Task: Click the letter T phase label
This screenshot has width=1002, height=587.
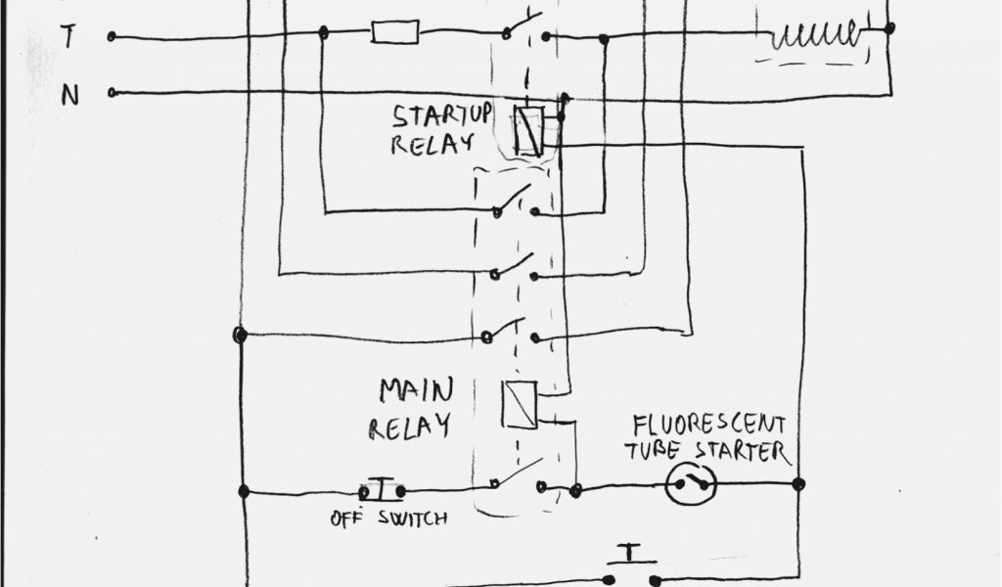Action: pos(68,38)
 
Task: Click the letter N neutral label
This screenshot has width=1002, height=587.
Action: pos(70,95)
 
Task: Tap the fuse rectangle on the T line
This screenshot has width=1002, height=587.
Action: pos(395,33)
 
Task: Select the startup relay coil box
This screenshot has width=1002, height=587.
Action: pos(528,129)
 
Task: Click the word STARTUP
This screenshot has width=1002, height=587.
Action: pos(442,115)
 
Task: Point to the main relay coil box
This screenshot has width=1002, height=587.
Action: pos(519,405)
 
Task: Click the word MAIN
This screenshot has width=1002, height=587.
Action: pos(416,392)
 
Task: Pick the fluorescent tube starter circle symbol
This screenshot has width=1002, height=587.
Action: pos(691,484)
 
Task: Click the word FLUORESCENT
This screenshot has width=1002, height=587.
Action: pos(708,426)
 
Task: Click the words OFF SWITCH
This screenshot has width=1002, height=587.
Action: pos(388,519)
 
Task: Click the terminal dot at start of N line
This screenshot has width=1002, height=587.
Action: pos(113,93)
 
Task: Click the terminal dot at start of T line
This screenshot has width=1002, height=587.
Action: pos(113,36)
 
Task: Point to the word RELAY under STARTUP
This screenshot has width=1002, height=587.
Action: pos(432,144)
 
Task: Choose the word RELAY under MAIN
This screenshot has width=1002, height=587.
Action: pos(410,427)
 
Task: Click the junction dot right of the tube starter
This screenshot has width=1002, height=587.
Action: pos(798,483)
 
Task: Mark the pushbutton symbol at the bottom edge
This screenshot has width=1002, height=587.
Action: pos(632,567)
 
